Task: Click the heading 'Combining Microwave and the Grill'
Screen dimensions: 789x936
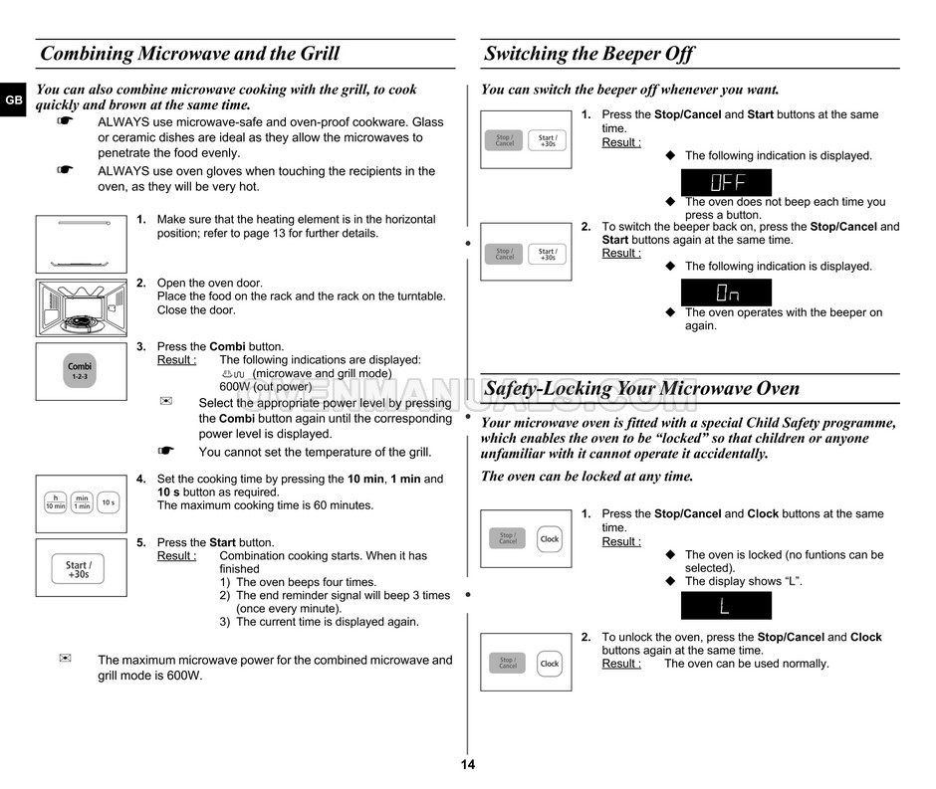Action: [189, 54]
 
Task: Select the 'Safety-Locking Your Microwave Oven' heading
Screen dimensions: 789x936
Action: [641, 388]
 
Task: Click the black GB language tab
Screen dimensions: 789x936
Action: [13, 100]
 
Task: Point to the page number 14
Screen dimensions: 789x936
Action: [468, 765]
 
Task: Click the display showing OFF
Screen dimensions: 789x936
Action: [726, 183]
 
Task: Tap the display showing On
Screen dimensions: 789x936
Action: [726, 293]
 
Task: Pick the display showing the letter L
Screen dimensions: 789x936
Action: [726, 606]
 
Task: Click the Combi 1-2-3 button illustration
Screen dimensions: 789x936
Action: [80, 371]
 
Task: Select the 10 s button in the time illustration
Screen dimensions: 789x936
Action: [109, 502]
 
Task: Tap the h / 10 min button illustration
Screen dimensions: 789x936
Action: [55, 502]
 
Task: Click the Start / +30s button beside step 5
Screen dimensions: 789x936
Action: [79, 569]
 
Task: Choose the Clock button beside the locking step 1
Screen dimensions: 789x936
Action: [550, 538]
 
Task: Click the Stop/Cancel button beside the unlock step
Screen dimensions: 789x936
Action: [507, 663]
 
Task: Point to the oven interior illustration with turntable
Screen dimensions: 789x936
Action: [81, 307]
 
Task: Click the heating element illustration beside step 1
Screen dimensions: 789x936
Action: [81, 244]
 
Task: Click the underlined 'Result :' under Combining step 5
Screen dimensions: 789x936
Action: [176, 556]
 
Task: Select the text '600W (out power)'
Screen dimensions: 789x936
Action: [265, 387]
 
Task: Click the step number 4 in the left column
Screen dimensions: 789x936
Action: [141, 479]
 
